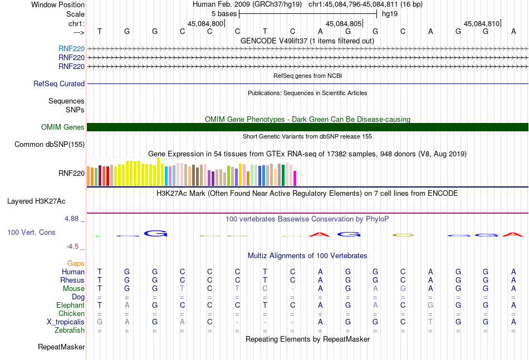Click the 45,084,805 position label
click(344, 24)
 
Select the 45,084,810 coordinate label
click(482, 24)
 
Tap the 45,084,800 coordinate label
click(205, 24)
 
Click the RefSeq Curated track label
click(59, 84)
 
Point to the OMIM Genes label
click(63, 127)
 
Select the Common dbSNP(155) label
click(49, 145)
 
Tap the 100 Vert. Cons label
click(31, 232)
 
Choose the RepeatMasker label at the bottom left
click(61, 347)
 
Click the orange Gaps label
click(76, 263)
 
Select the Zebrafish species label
click(70, 330)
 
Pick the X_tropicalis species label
click(66, 322)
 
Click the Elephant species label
click(70, 305)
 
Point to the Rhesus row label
click(72, 280)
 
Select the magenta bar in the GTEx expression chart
click(295, 178)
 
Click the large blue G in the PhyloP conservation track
click(155, 233)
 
